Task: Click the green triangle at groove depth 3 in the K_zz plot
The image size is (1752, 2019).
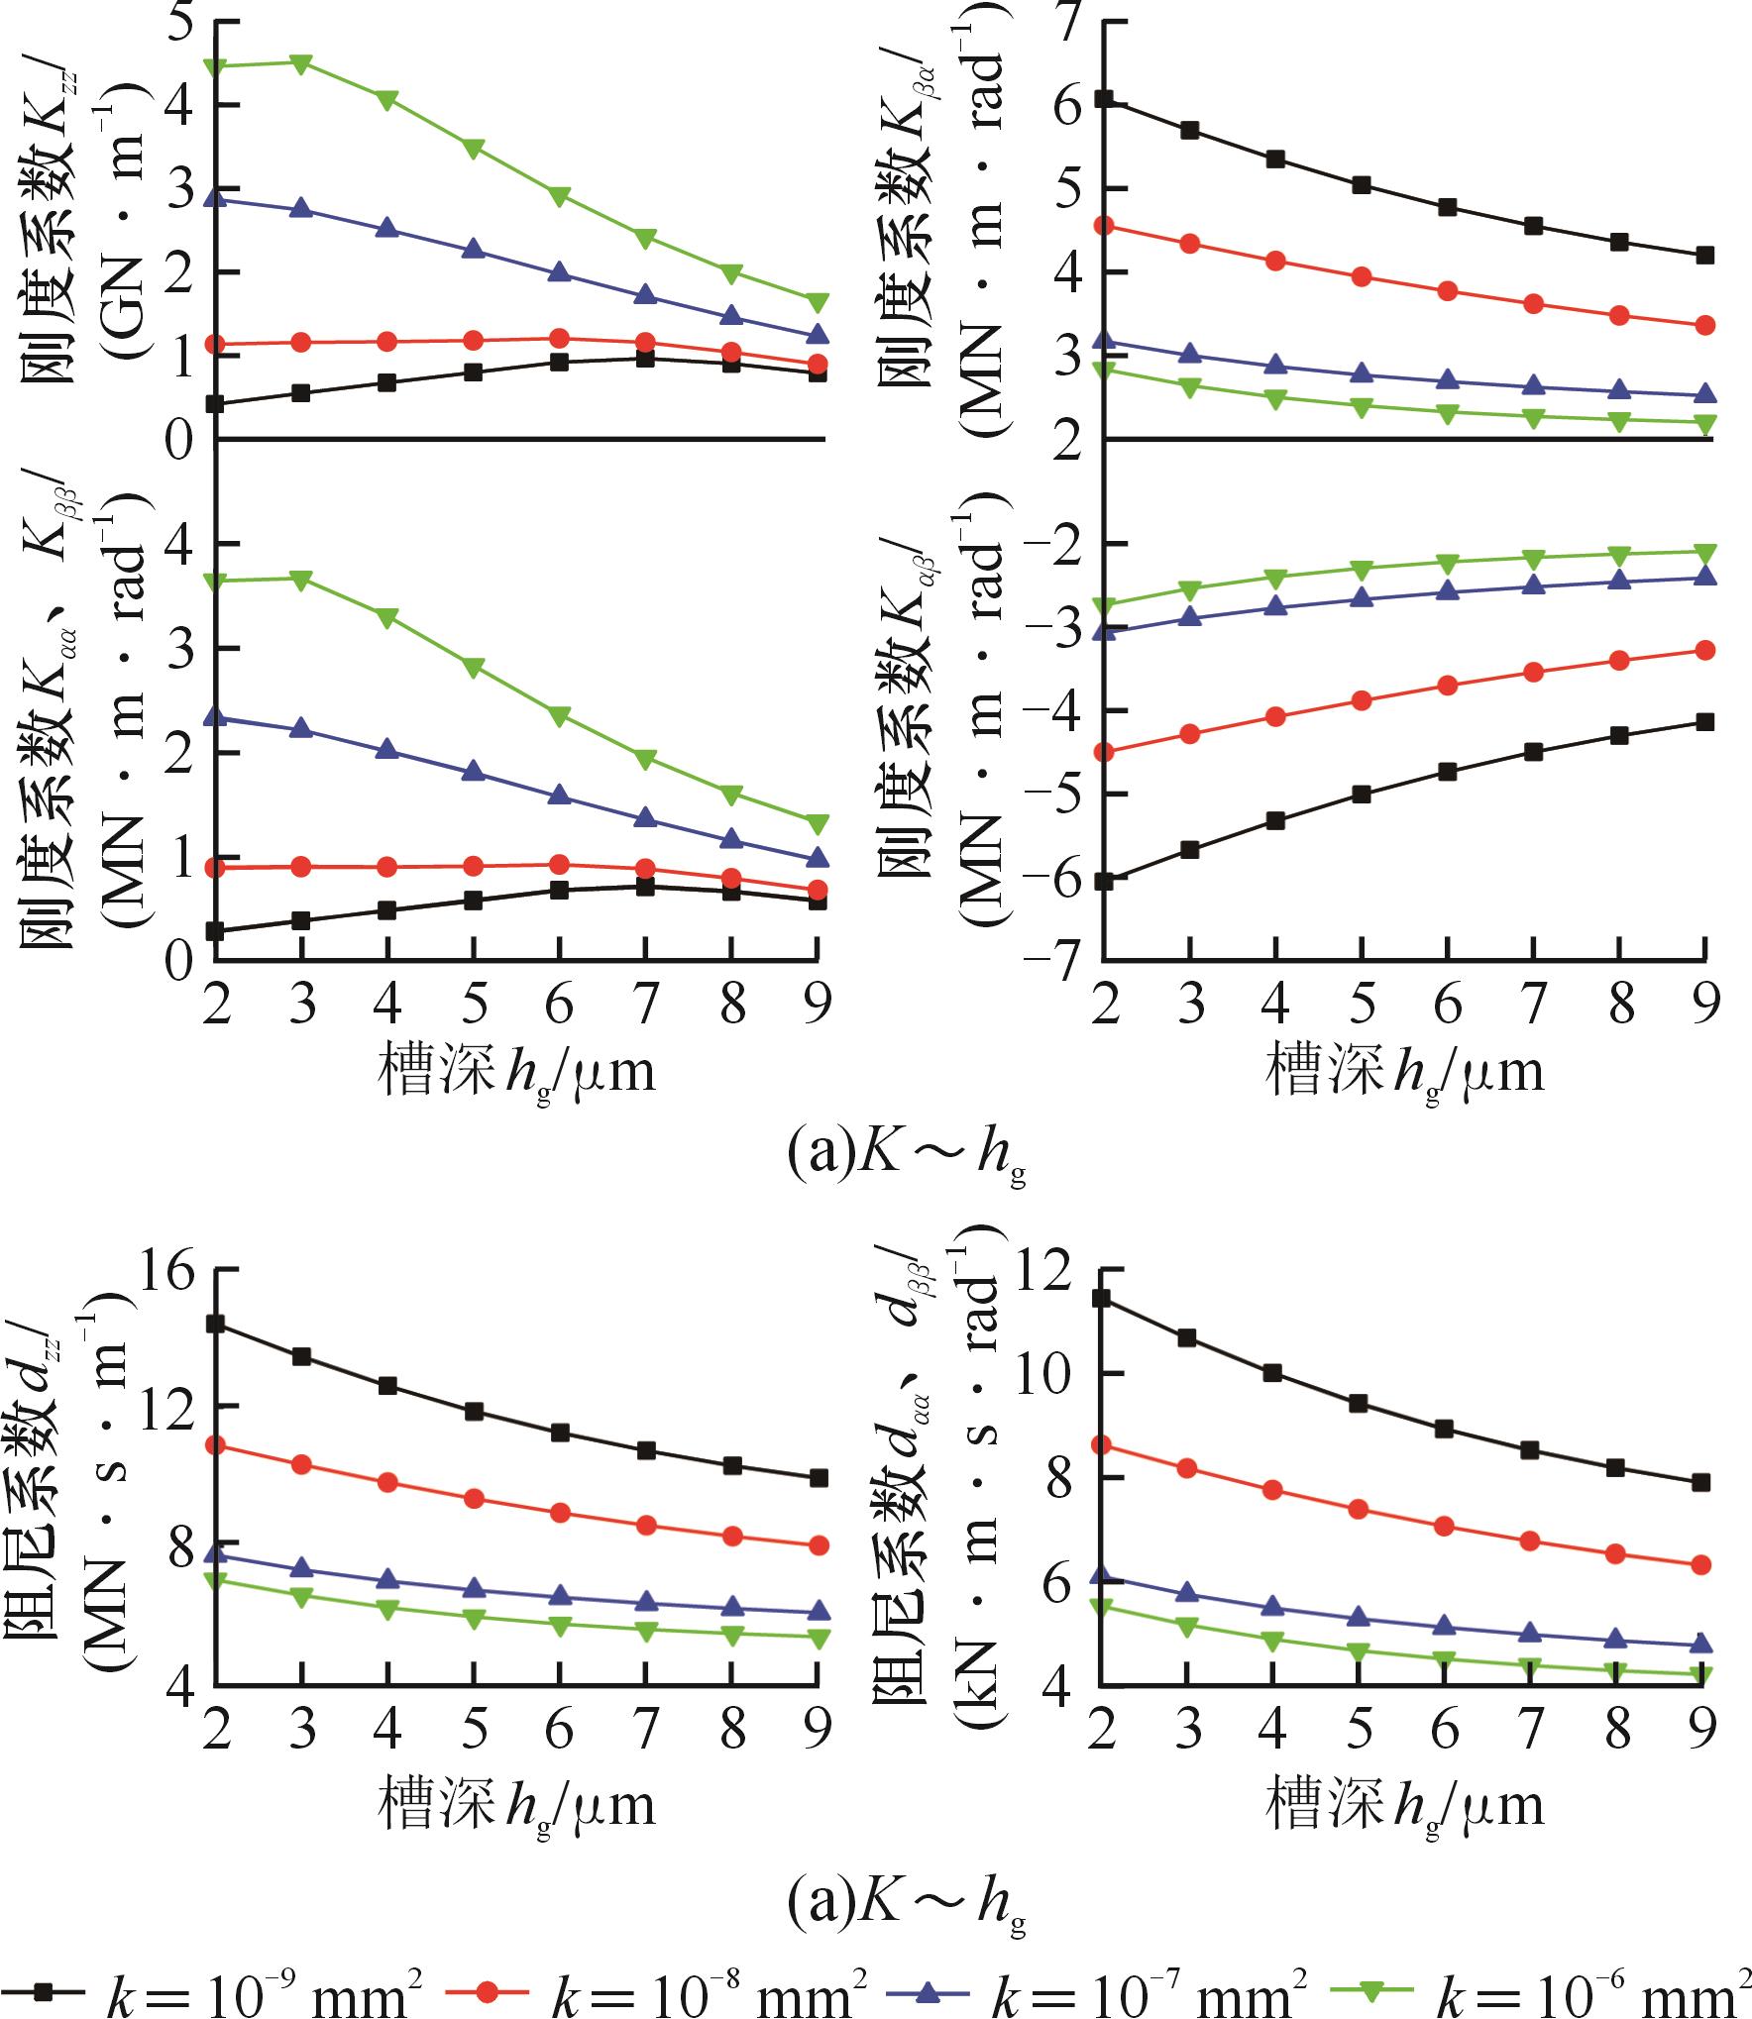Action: pyautogui.click(x=301, y=62)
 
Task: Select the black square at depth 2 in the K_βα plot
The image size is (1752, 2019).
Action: pyautogui.click(x=1104, y=98)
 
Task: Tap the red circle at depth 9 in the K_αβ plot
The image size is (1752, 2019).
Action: pyautogui.click(x=1704, y=650)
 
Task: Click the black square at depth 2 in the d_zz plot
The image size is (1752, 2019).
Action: pyautogui.click(x=216, y=1325)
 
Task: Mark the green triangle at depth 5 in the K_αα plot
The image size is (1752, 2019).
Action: pyautogui.click(x=474, y=667)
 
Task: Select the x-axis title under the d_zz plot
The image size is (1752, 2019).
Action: pyautogui.click(x=516, y=1805)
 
